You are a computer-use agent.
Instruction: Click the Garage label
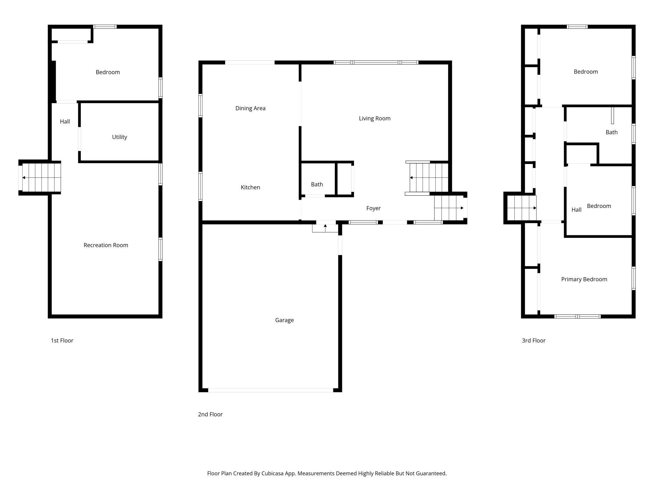tap(284, 320)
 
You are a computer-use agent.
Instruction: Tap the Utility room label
tap(119, 137)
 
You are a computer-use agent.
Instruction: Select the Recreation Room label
tap(106, 245)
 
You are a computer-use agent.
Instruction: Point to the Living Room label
tap(374, 118)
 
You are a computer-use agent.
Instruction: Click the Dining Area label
tap(250, 108)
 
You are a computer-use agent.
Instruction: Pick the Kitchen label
tap(250, 187)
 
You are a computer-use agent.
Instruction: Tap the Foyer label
tap(373, 208)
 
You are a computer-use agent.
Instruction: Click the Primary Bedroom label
tap(584, 279)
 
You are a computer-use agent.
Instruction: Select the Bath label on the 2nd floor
tap(317, 184)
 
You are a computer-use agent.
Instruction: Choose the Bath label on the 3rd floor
tap(611, 132)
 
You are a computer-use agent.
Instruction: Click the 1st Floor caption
tap(62, 340)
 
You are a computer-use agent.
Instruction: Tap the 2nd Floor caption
tap(210, 414)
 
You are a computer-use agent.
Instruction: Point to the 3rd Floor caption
tap(534, 340)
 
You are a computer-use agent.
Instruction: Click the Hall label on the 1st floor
tap(65, 122)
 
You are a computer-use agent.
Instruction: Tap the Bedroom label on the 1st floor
tap(108, 72)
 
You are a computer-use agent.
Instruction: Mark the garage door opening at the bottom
tap(270, 390)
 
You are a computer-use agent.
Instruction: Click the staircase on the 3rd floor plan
tap(521, 208)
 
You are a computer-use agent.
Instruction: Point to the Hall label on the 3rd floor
tap(576, 210)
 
